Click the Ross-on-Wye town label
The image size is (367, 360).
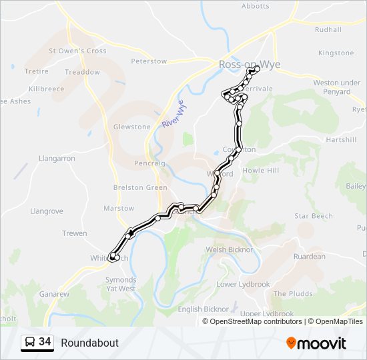(249, 65)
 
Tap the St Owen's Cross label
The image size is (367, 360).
(77, 51)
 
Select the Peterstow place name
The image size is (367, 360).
(149, 61)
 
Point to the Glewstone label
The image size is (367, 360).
(132, 127)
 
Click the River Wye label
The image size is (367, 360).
(172, 114)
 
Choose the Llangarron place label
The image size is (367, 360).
(57, 159)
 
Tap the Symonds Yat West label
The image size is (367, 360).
(121, 285)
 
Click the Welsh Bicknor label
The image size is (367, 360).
(230, 249)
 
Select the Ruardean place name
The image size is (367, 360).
(310, 257)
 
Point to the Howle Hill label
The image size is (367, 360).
(261, 171)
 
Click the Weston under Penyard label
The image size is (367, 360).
(332, 87)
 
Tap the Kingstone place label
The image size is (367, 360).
(336, 53)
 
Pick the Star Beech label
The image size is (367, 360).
(314, 216)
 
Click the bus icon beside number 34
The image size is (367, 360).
(30, 343)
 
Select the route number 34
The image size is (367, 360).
(45, 342)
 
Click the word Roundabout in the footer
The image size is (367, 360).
(89, 343)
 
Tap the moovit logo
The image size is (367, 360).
(316, 343)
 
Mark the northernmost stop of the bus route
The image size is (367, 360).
(257, 69)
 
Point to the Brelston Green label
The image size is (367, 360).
(140, 187)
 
